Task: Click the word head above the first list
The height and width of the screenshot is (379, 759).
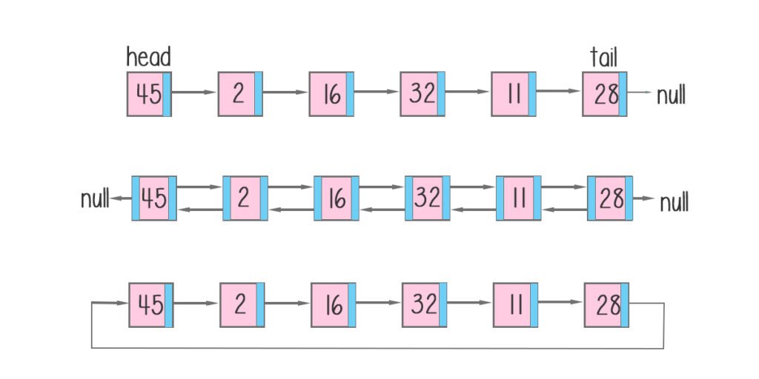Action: (x=148, y=57)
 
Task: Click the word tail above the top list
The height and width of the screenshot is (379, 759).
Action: (x=603, y=57)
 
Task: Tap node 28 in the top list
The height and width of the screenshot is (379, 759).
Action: (x=604, y=94)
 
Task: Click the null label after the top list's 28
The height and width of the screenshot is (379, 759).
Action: (x=671, y=95)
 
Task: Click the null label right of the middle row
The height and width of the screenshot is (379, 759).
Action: (x=674, y=201)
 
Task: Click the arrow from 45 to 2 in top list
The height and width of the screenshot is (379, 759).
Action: (x=194, y=93)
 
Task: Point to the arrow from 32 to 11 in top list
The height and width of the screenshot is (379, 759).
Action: (x=468, y=93)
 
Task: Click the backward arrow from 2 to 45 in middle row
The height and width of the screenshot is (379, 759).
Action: (x=200, y=209)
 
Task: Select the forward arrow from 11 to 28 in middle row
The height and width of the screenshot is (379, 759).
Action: (x=564, y=187)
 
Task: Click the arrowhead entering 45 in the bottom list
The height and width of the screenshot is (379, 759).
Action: (x=122, y=303)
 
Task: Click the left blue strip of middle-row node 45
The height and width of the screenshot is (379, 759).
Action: (x=136, y=198)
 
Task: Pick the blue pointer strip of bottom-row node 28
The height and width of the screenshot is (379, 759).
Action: (x=625, y=304)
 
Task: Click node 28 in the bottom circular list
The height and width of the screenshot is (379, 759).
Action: (x=605, y=304)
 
